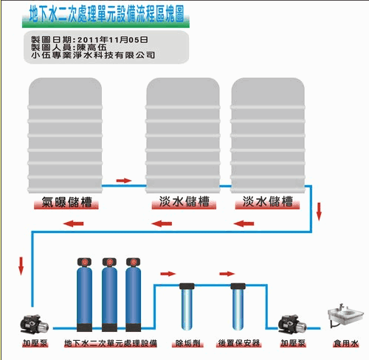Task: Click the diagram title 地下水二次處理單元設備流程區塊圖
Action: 106,14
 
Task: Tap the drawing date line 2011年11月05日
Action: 113,40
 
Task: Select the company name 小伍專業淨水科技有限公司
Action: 93,55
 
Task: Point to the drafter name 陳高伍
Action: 92,47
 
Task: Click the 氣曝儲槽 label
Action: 66,202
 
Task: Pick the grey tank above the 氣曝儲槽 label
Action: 65,135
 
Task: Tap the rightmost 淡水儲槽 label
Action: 267,201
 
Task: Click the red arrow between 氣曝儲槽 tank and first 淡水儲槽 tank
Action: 124,181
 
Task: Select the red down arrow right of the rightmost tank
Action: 319,212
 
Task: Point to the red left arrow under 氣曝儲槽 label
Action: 73,224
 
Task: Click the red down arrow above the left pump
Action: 21,266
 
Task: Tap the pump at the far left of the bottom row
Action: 34,325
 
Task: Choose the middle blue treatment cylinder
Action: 109,294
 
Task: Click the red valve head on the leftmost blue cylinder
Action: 84,262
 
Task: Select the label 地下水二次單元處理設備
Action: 111,343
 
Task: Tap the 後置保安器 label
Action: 239,343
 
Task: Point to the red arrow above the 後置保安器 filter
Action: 227,274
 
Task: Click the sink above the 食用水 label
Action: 345,316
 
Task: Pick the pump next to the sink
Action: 292,325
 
